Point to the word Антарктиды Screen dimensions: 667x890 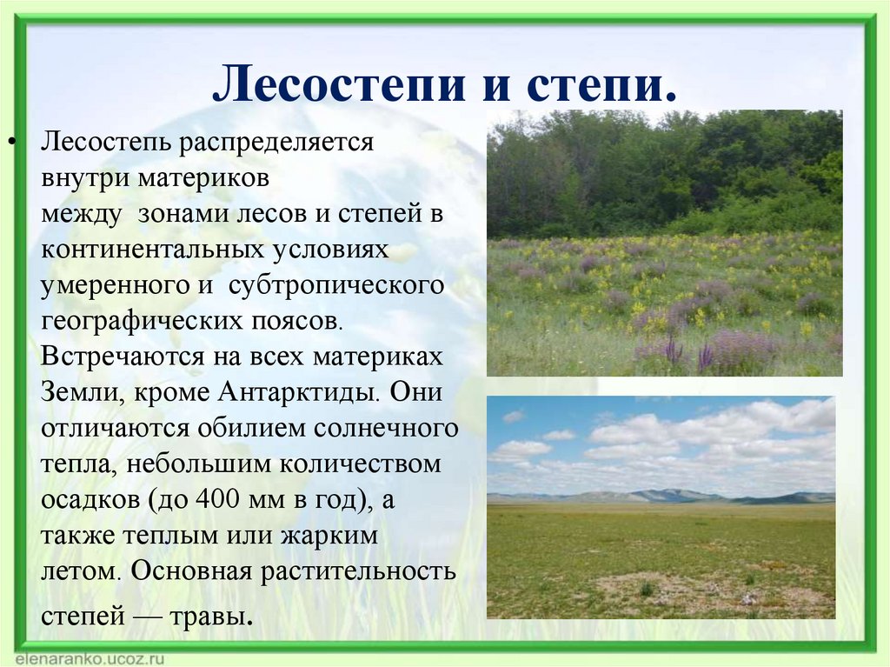pyautogui.click(x=296, y=392)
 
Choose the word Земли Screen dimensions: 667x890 pyautogui.click(x=72, y=392)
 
